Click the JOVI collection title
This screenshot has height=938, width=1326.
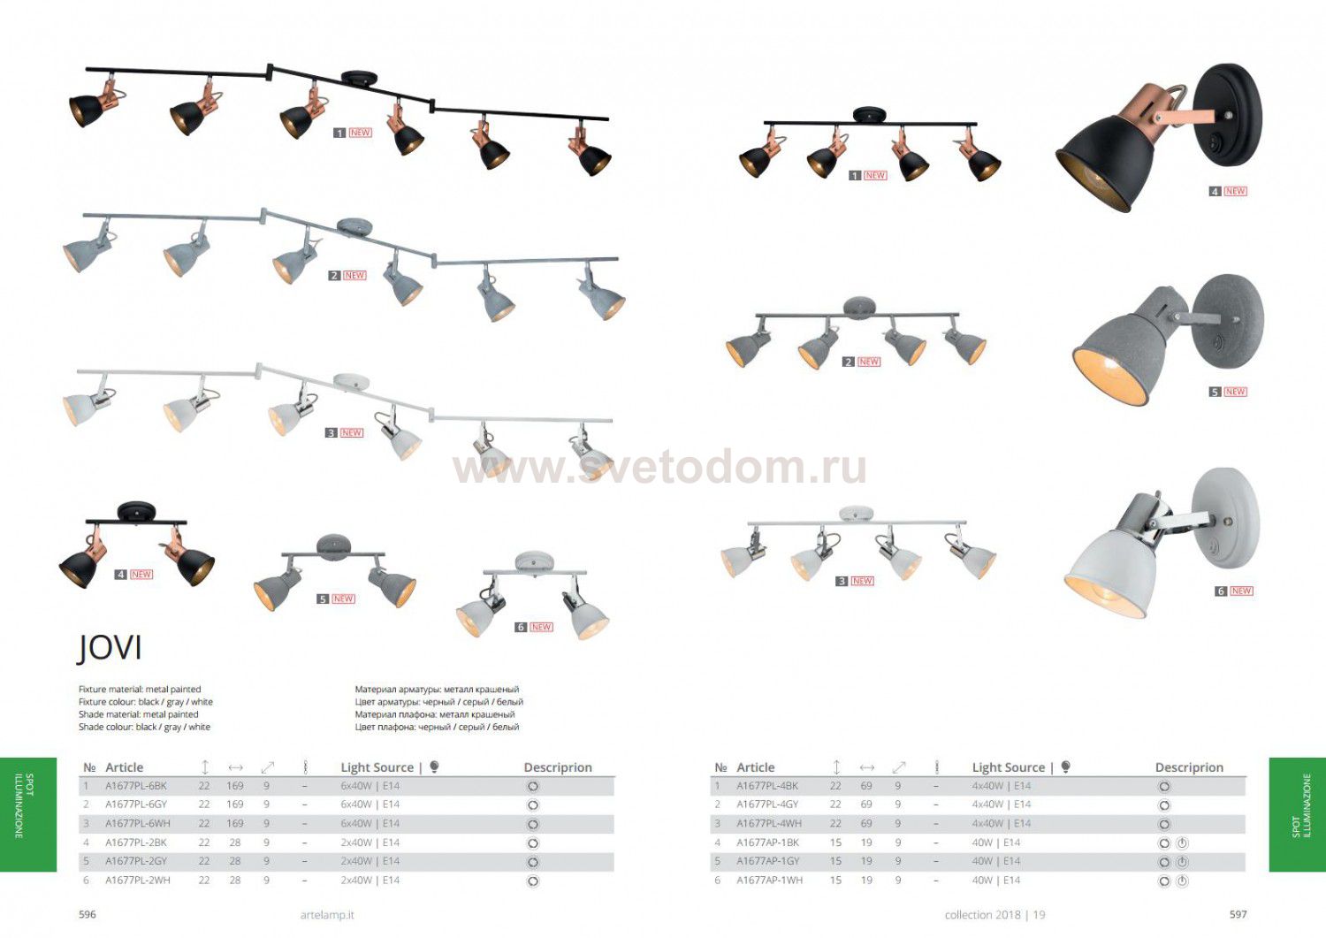(x=110, y=647)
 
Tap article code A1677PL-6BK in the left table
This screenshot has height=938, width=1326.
(x=136, y=786)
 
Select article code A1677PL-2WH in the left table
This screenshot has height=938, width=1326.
(x=138, y=881)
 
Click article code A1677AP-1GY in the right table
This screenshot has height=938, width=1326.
(x=768, y=861)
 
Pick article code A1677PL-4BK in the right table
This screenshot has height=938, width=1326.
(x=767, y=786)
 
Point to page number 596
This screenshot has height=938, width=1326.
(x=88, y=914)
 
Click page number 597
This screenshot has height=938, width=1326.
(x=1238, y=914)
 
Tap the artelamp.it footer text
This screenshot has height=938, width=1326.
(x=327, y=915)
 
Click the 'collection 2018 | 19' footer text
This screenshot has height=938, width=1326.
(x=994, y=915)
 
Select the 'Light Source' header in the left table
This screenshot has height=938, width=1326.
(x=377, y=767)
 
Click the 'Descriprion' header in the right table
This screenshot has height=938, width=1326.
(x=1189, y=767)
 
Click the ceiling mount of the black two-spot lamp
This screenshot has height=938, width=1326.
(x=136, y=512)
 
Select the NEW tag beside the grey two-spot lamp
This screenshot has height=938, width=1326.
(x=344, y=599)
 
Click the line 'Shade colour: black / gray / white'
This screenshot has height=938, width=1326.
(x=144, y=727)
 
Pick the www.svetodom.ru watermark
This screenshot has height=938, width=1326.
(x=659, y=469)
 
